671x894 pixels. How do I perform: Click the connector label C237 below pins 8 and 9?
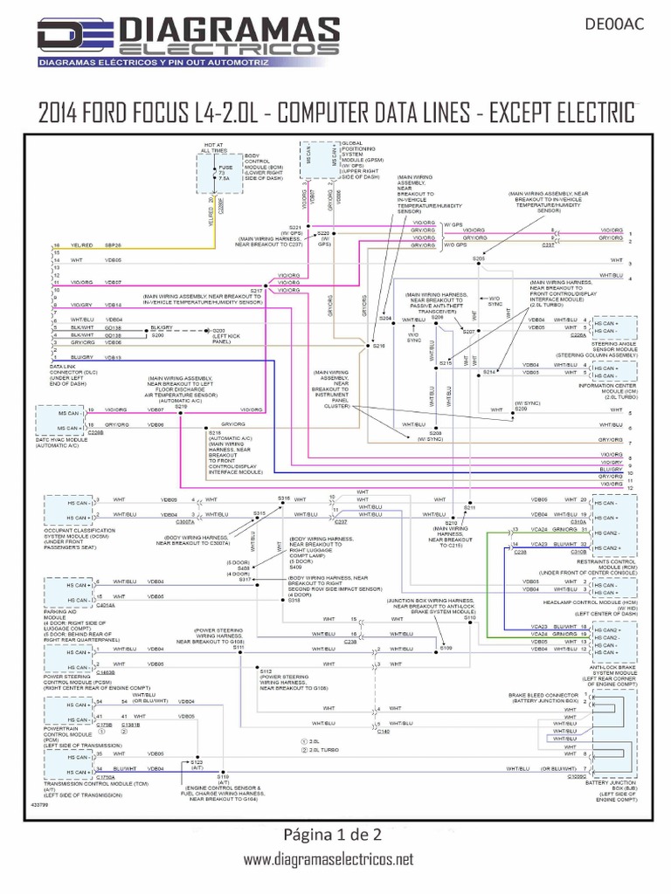pyautogui.click(x=548, y=246)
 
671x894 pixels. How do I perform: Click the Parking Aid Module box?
pyautogui.click(x=66, y=589)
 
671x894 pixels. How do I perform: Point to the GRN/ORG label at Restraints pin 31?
pyautogui.click(x=564, y=530)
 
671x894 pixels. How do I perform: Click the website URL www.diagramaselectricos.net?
pyautogui.click(x=328, y=861)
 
